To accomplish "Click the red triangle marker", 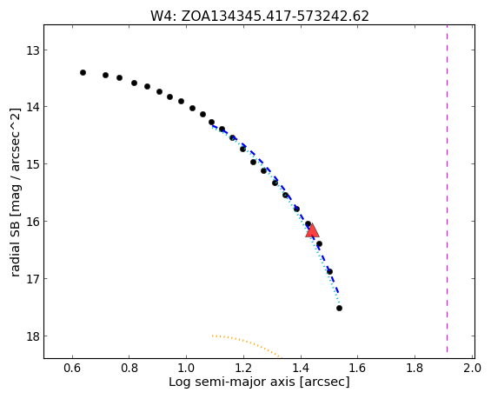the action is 312,231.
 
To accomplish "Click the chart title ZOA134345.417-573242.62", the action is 275,16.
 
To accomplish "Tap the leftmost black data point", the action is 83,73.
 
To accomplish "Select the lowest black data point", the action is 339,309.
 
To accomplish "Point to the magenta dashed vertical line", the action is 447,189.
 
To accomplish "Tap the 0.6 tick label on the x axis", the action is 73,368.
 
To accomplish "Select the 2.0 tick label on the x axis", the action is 472,368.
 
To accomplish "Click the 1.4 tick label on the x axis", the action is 301,368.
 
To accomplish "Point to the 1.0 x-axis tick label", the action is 187,368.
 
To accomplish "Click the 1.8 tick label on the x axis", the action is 415,368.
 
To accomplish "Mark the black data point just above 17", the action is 329,271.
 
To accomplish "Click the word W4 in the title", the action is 163,16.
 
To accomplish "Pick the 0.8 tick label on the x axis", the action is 129,368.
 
